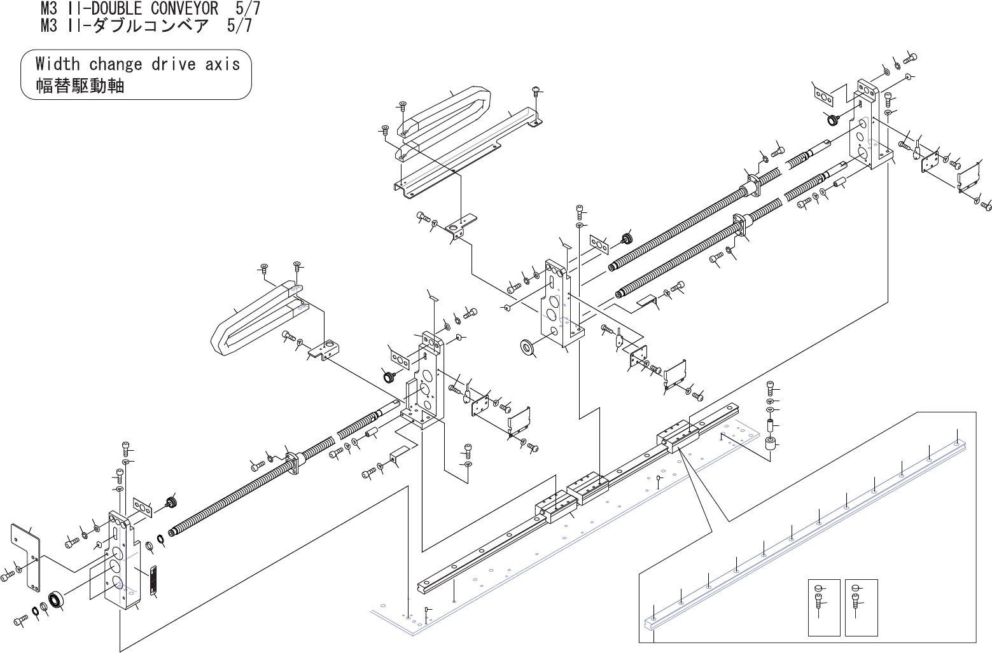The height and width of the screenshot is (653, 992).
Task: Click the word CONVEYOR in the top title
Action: (184, 8)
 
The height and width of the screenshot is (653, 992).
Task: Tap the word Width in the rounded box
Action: (57, 64)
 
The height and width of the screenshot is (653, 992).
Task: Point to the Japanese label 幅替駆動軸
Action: (80, 86)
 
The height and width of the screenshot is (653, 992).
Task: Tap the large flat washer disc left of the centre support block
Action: (527, 347)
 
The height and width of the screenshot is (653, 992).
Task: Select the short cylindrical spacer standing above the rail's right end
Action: (771, 446)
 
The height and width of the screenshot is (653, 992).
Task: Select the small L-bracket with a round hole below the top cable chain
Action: (459, 228)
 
